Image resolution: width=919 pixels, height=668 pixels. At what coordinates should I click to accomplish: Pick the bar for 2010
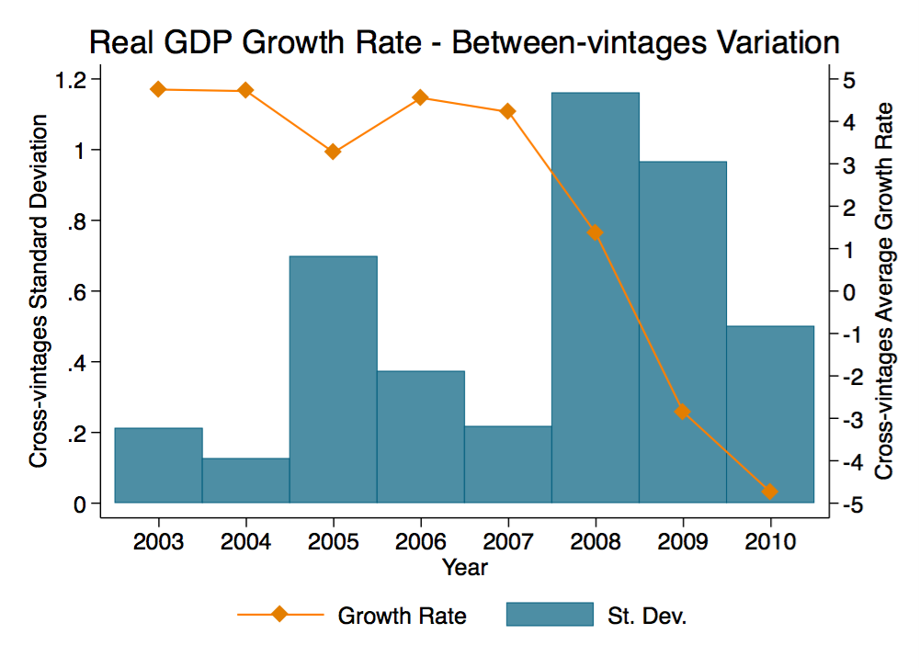pyautogui.click(x=769, y=413)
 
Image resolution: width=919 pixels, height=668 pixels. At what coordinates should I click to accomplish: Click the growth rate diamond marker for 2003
pyautogui.click(x=158, y=89)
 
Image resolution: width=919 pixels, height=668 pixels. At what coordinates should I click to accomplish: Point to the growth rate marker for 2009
pyautogui.click(x=682, y=412)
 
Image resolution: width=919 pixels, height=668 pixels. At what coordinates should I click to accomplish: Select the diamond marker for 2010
pyautogui.click(x=769, y=492)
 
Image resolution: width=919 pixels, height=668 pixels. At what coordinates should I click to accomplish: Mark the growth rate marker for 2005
pyautogui.click(x=333, y=152)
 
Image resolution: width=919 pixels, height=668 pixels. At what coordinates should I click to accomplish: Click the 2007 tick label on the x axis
pyautogui.click(x=507, y=538)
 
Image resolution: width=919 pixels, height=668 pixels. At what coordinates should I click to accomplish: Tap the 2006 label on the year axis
pyautogui.click(x=420, y=538)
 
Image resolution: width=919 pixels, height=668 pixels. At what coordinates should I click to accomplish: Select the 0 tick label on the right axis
pyautogui.click(x=848, y=292)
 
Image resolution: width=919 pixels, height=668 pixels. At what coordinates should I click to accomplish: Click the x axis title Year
pyautogui.click(x=464, y=567)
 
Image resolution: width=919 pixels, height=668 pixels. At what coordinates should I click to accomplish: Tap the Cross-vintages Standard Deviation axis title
pyautogui.click(x=39, y=292)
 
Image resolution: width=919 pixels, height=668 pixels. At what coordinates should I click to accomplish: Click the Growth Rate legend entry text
pyautogui.click(x=402, y=615)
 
